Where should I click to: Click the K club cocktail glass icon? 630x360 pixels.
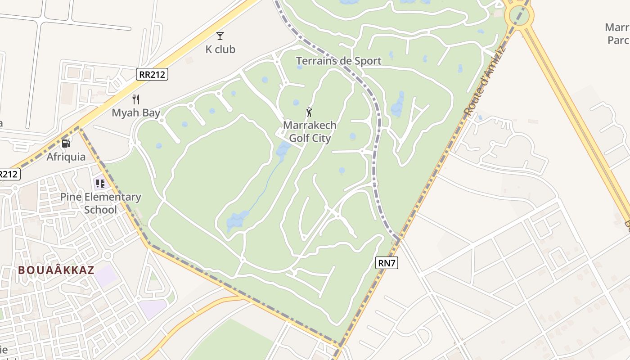[220, 36]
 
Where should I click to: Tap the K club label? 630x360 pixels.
[220, 49]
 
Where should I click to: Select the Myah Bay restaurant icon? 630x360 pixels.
[136, 99]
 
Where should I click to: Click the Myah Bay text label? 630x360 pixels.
[136, 112]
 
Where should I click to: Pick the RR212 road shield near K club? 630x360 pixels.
[152, 74]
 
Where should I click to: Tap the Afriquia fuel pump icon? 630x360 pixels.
[66, 144]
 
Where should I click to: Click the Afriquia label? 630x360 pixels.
[66, 157]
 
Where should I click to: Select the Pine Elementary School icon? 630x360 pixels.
[100, 184]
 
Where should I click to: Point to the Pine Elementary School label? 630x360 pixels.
[101, 203]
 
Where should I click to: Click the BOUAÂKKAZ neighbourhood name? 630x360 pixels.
[56, 270]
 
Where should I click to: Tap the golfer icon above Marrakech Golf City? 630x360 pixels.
[309, 112]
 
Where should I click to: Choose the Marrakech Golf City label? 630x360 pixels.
[310, 131]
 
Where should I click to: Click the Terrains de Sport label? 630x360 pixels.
[338, 61]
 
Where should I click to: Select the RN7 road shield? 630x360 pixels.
[387, 263]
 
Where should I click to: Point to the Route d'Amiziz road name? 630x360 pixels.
[485, 81]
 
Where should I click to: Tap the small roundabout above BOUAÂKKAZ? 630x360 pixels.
[107, 256]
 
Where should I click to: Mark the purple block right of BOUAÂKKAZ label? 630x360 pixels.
[106, 275]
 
